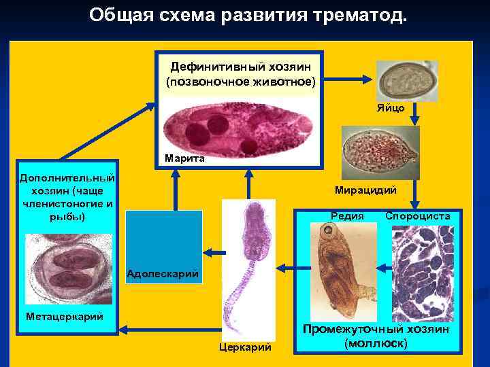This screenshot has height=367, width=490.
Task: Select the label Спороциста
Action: click(417, 215)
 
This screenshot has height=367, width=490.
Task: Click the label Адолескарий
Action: click(163, 275)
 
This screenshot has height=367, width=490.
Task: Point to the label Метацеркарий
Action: click(64, 316)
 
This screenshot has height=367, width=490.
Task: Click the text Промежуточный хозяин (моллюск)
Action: click(376, 336)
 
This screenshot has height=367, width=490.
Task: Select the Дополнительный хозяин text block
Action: click(67, 197)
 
